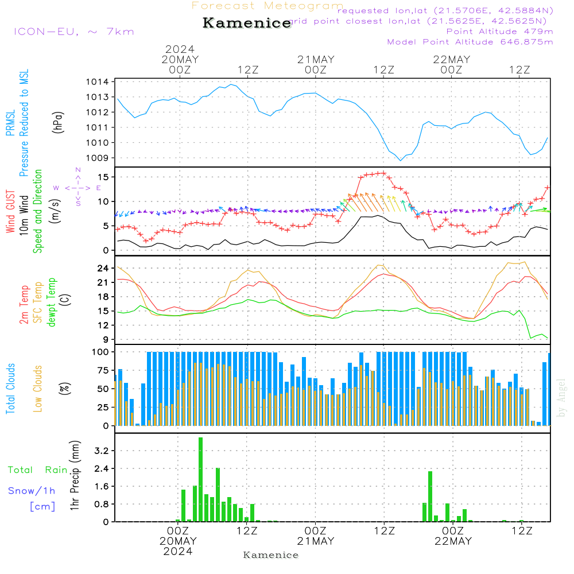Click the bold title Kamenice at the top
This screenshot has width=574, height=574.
247,24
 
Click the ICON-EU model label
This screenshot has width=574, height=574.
73,32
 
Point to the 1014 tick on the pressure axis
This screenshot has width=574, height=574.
97,82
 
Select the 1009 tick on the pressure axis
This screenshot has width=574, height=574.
97,158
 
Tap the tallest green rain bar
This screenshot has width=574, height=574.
201,479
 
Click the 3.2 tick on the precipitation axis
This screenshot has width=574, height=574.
102,451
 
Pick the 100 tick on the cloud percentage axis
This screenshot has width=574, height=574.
100,351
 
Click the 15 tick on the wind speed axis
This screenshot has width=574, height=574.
104,176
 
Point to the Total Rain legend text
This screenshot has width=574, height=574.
37,470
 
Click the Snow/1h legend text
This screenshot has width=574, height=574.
32,491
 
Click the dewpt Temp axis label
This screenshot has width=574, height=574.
52,302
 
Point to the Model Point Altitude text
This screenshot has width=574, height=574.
470,42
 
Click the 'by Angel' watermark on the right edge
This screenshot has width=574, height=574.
561,398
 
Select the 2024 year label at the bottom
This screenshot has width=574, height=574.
178,552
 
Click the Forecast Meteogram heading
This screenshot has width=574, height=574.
267,6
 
